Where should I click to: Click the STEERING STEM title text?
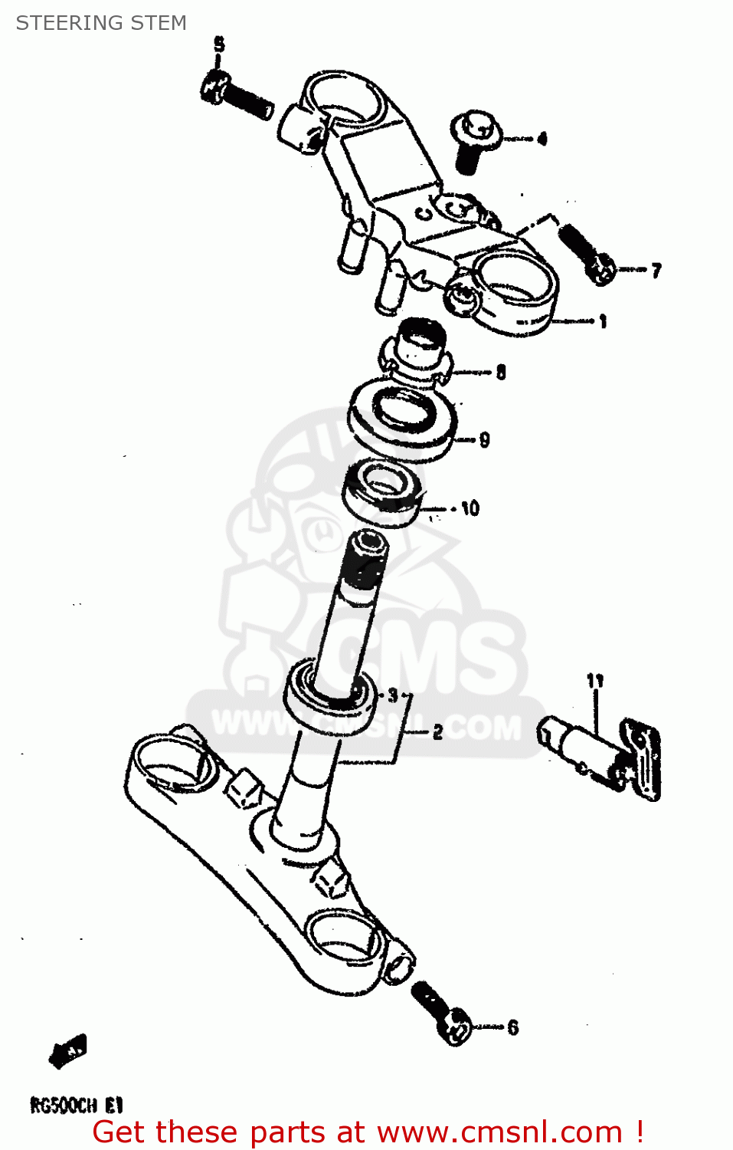(101, 23)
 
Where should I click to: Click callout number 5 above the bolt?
(219, 44)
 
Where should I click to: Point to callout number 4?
(542, 139)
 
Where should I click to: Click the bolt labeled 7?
(587, 252)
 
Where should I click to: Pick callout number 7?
(656, 270)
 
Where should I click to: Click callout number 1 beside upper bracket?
(603, 321)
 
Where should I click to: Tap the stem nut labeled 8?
(417, 349)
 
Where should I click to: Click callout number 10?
(470, 508)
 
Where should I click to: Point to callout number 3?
(393, 695)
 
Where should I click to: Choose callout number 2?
(437, 732)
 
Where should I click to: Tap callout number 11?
(595, 680)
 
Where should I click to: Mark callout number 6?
(512, 1027)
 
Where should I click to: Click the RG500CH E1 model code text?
(76, 1105)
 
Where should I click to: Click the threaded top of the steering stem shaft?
(365, 560)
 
